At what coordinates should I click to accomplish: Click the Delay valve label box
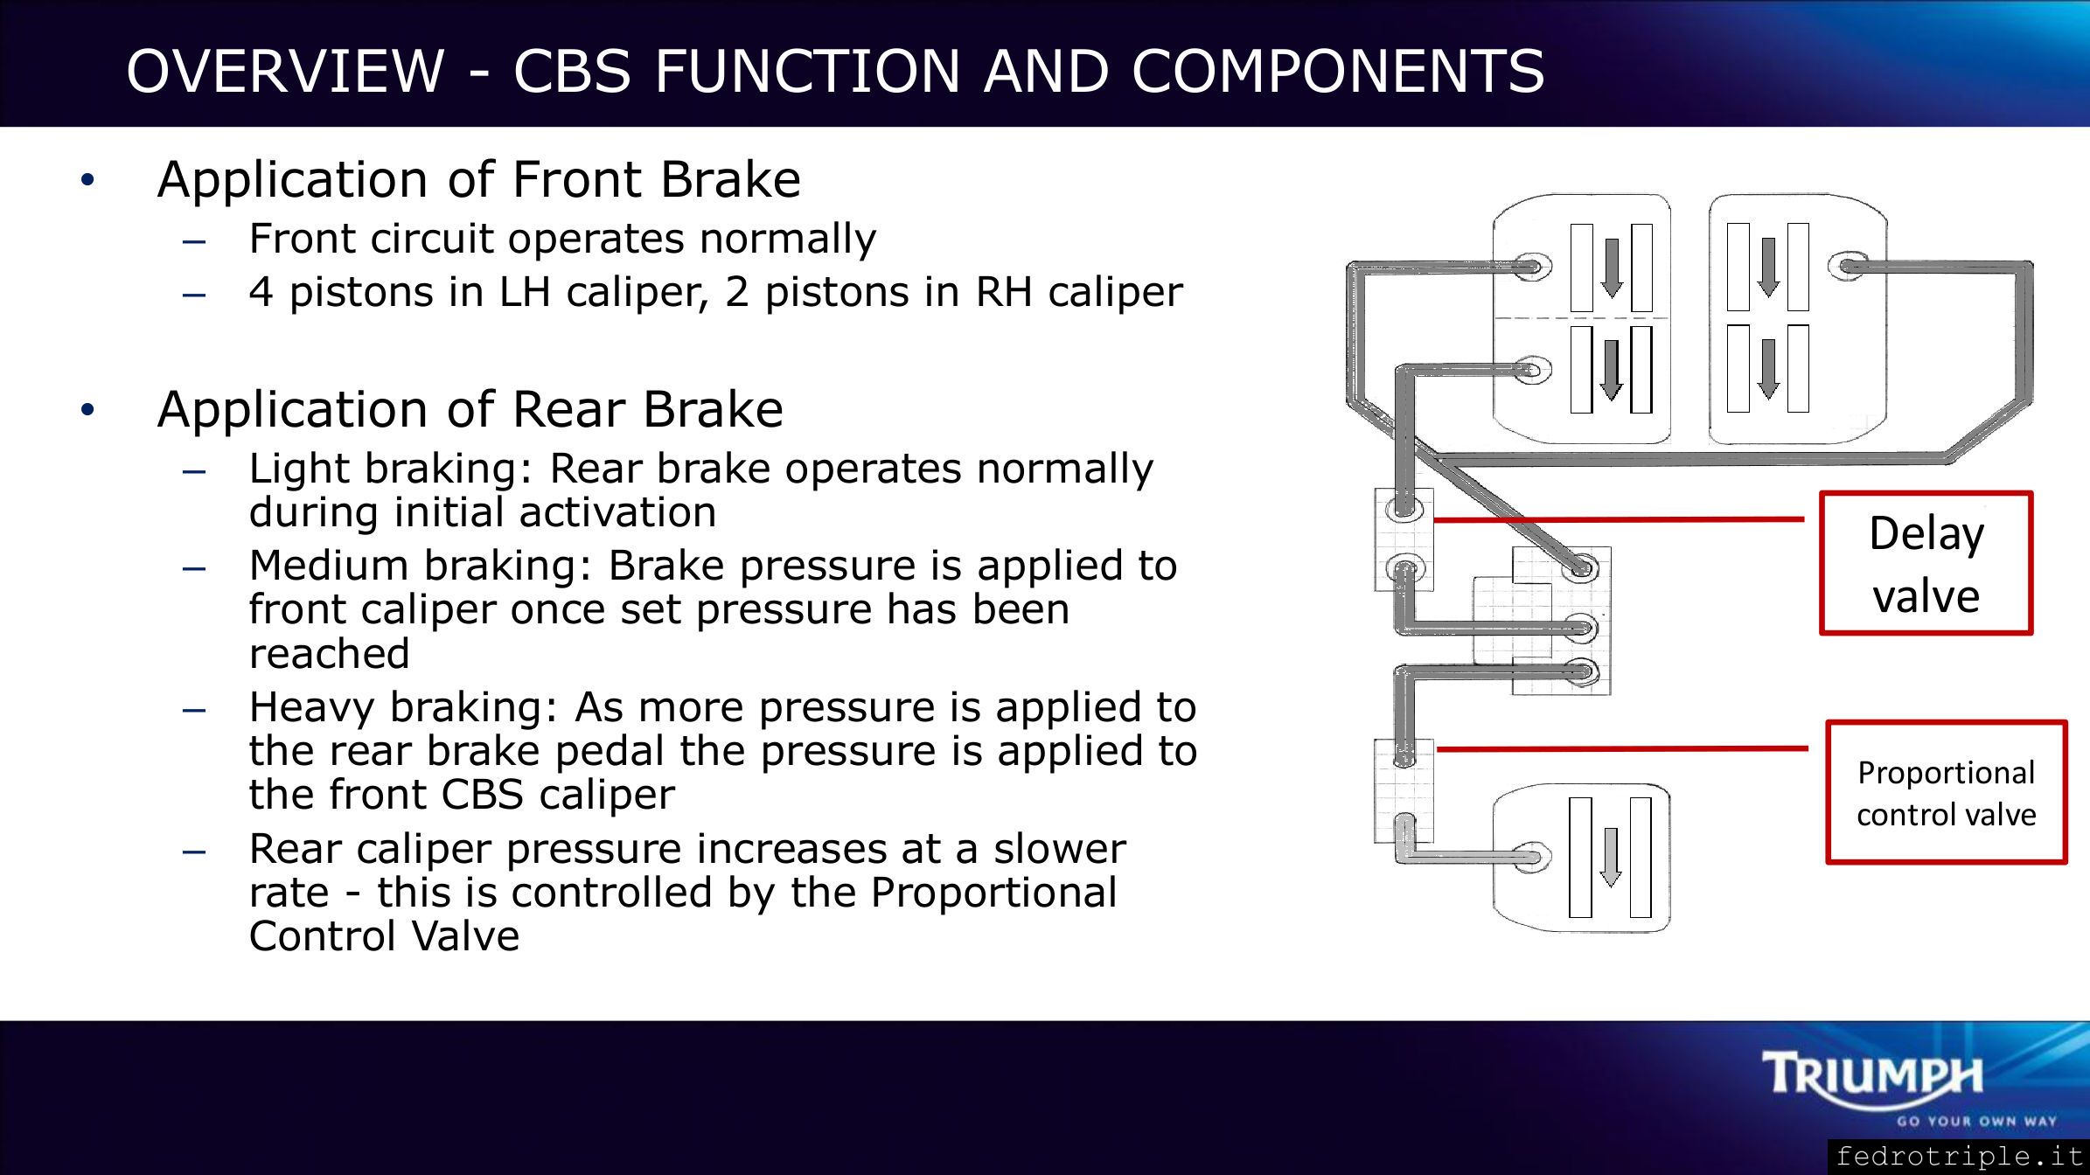pos(1926,563)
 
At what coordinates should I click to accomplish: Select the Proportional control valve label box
pos(1947,792)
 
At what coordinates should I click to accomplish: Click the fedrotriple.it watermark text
pos(1960,1157)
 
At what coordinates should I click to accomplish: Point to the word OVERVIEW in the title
pos(285,71)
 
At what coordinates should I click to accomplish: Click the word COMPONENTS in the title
pos(1338,71)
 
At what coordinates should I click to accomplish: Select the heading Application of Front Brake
pos(478,179)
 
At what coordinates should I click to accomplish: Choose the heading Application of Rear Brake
pos(470,409)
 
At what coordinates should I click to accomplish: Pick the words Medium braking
pos(420,567)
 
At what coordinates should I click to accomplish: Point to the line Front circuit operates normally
pos(562,239)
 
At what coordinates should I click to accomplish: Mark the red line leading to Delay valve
pos(1619,519)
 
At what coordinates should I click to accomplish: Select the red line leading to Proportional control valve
pos(1622,748)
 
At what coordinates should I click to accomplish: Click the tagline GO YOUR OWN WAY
pos(1976,1122)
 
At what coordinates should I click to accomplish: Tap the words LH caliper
pos(603,292)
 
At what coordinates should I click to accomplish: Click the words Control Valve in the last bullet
pos(384,936)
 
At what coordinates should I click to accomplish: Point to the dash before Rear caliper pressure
pos(194,851)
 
